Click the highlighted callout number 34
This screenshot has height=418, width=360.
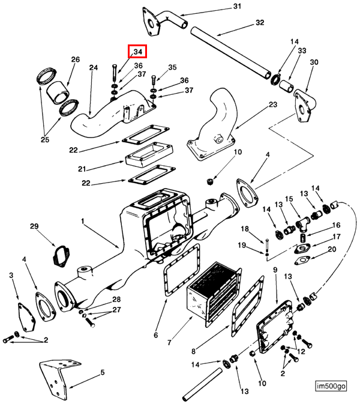pyautogui.click(x=137, y=51)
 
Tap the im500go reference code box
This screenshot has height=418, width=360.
pyautogui.click(x=331, y=386)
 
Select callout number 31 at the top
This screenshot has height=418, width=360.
pyautogui.click(x=237, y=7)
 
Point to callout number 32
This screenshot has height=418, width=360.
pyautogui.click(x=260, y=23)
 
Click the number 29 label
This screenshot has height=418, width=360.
pyautogui.click(x=34, y=226)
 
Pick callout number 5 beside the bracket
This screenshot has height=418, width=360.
pyautogui.click(x=103, y=372)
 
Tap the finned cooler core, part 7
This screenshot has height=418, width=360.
pyautogui.click(x=213, y=294)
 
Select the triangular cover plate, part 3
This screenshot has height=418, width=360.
pyautogui.click(x=26, y=317)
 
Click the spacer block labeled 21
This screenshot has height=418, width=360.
pyautogui.click(x=149, y=154)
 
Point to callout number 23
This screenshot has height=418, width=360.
pyautogui.click(x=273, y=104)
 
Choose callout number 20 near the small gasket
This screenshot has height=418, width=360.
pyautogui.click(x=332, y=249)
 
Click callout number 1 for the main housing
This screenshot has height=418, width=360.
pyautogui.click(x=83, y=221)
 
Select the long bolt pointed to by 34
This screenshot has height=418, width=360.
pyautogui.click(x=114, y=73)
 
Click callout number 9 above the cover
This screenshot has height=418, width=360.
pyautogui.click(x=275, y=270)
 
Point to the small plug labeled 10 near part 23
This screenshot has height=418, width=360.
pyautogui.click(x=211, y=182)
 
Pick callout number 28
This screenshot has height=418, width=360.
pyautogui.click(x=116, y=299)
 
